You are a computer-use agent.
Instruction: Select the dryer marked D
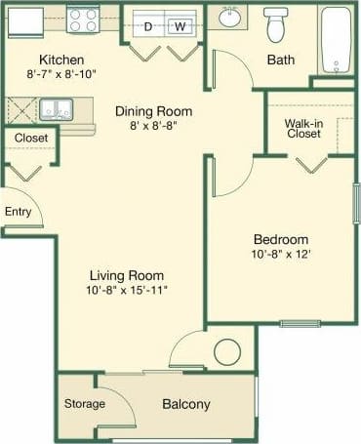coord(148,26)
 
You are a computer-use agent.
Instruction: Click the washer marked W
coord(179,26)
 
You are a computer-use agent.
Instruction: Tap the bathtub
coord(336,41)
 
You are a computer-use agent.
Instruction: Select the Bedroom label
coord(281,239)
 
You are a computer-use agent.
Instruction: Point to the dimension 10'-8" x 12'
coord(281,255)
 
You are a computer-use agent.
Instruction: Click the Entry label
coord(18,211)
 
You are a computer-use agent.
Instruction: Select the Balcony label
coord(185,404)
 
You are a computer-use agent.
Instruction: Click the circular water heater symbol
coord(226,350)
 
